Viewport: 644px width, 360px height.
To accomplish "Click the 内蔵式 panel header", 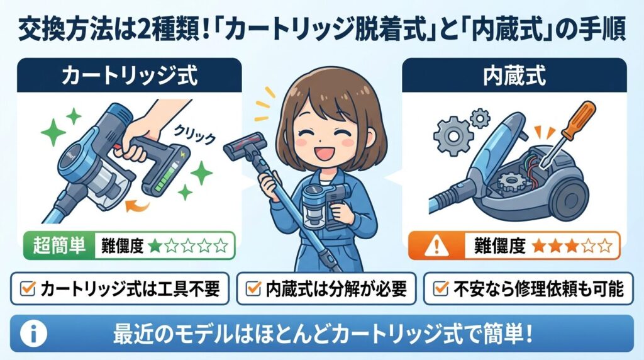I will [514, 76].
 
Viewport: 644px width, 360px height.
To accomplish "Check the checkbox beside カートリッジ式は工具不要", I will [27, 289].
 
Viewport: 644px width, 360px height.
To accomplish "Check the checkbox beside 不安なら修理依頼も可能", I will [443, 289].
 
